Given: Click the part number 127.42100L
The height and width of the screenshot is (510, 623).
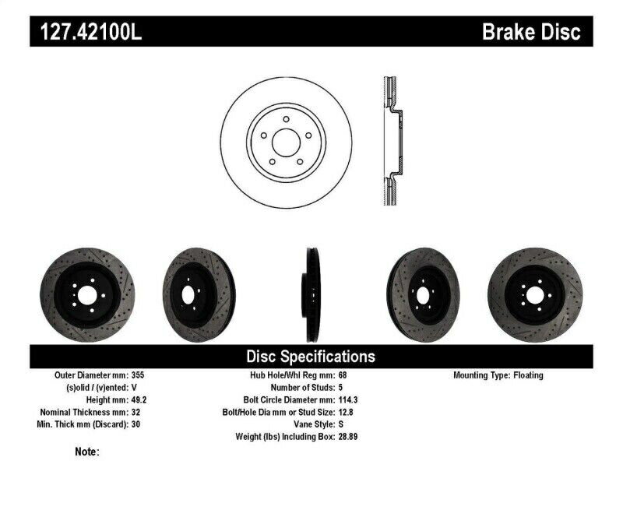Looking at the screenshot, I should click(x=86, y=32).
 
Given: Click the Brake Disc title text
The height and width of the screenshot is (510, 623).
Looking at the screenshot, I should click(x=531, y=32).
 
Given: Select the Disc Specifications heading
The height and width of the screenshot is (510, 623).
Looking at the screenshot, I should click(x=311, y=357).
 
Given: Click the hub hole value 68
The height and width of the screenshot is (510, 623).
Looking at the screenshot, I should click(x=343, y=375).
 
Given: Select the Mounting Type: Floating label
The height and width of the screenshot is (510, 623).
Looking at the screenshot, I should click(x=498, y=375).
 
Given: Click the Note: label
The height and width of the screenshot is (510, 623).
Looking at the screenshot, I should click(x=87, y=452).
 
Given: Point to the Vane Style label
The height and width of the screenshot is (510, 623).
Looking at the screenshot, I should click(x=309, y=424).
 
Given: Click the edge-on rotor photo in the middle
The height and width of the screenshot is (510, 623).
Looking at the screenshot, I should click(x=310, y=294).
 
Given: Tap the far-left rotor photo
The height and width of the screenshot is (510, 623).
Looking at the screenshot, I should click(x=86, y=294).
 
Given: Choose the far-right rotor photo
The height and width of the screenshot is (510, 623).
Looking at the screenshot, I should click(x=535, y=294).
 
